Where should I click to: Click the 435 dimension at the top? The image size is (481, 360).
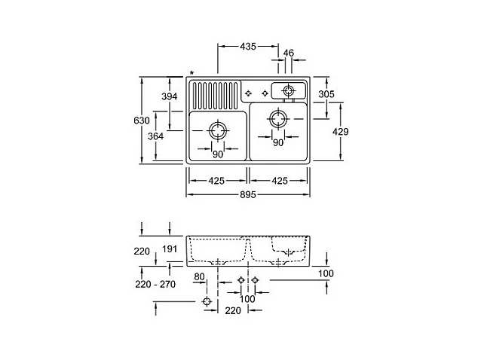[x=247, y=47]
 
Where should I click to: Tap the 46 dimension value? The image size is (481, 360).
[x=288, y=53]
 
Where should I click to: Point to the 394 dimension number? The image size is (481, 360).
[x=170, y=96]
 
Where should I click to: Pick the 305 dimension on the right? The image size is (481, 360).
[x=327, y=93]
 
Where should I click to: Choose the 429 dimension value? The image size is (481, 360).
[x=342, y=131]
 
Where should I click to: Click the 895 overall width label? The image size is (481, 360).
[x=248, y=194]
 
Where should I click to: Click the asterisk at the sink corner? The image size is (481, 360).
[x=191, y=73]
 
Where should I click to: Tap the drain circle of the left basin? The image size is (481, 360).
[x=217, y=130]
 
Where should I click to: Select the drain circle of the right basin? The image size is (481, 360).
[x=277, y=118]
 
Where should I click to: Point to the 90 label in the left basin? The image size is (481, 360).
[x=217, y=154]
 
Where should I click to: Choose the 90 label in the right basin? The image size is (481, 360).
[x=277, y=142]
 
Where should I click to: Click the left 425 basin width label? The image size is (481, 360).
[x=217, y=180]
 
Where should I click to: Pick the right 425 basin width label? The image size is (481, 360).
[x=279, y=180]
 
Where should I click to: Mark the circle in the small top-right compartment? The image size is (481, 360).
[x=287, y=91]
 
